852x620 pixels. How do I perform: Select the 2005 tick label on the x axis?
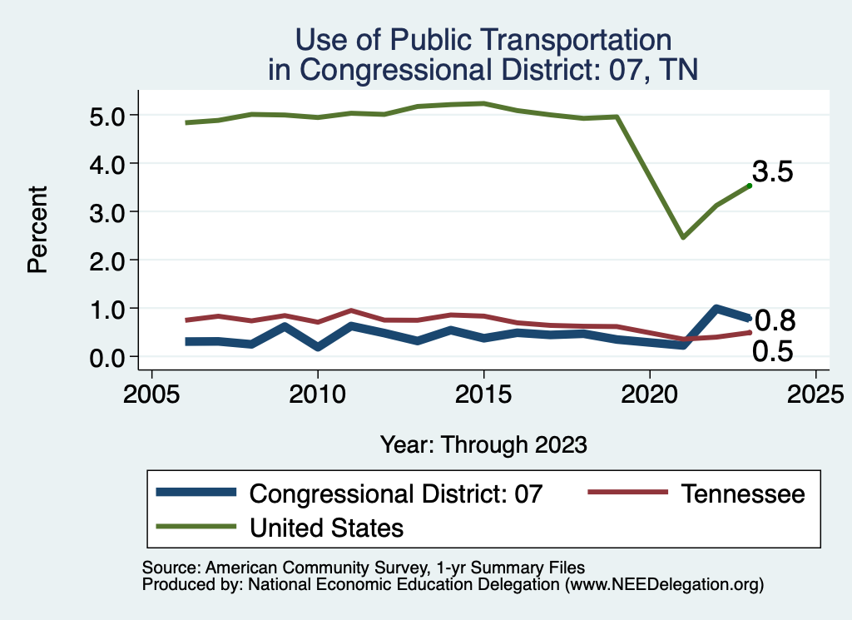151,393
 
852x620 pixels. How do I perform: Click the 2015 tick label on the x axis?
483,393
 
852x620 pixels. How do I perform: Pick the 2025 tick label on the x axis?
815,393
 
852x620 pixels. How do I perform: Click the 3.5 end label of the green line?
773,172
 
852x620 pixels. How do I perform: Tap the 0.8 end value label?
774,320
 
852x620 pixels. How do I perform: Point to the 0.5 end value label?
773,352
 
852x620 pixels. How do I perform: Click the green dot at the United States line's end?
750,186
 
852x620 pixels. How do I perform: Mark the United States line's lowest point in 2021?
683,237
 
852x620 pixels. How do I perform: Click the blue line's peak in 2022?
716,309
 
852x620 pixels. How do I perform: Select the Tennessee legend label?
743,494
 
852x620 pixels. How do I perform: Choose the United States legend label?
326,527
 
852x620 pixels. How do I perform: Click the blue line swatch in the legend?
196,494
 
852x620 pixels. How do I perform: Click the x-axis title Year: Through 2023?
483,444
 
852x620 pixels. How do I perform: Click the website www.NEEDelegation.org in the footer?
664,585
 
